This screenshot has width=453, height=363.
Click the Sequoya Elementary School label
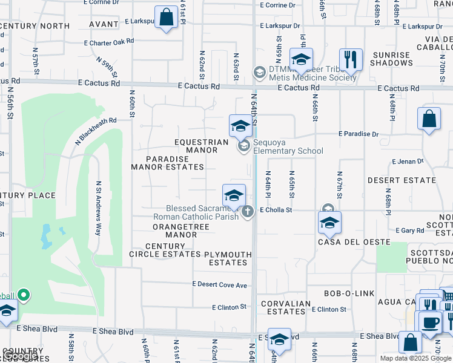[x=288, y=151]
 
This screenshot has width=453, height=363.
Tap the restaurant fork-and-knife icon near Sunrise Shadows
[x=351, y=60]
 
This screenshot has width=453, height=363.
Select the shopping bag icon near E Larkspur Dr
[x=165, y=17]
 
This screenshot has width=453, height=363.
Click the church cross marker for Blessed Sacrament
[x=247, y=211]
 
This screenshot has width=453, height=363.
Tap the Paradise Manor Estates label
[x=168, y=163]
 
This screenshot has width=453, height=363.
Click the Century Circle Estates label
[x=165, y=250]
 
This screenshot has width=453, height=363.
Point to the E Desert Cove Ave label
[x=220, y=284]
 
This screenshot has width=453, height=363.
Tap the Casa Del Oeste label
[x=346, y=242]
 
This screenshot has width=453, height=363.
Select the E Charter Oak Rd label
[x=109, y=42]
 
